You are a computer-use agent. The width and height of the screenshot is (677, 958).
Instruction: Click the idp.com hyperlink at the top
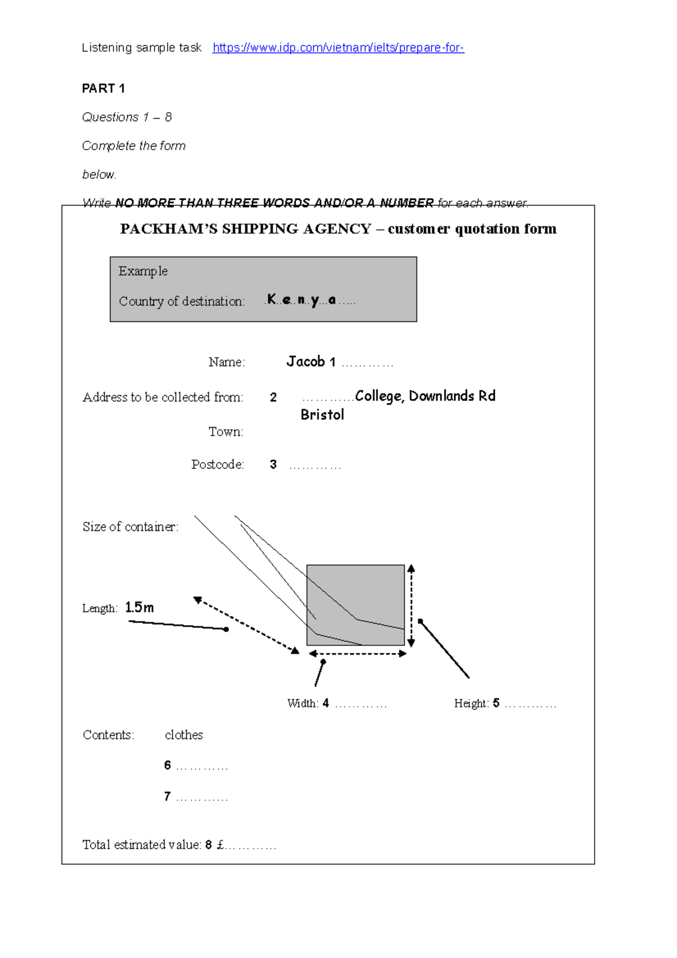(338, 48)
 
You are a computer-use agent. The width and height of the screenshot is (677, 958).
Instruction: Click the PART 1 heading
(103, 89)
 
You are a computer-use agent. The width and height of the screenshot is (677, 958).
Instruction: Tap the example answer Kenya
(302, 300)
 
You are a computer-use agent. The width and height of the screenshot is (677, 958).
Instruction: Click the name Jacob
(305, 362)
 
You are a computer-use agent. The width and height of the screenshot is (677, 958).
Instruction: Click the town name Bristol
(322, 415)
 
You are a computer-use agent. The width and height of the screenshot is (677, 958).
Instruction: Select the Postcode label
(217, 464)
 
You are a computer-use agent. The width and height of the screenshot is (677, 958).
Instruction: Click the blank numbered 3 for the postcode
(315, 466)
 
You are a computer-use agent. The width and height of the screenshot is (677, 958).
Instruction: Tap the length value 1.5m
(139, 608)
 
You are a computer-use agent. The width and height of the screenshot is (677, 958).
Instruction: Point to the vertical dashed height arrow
(411, 605)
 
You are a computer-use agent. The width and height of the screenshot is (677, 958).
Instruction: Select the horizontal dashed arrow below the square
(358, 654)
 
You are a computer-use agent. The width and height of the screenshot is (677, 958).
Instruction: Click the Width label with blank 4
(307, 704)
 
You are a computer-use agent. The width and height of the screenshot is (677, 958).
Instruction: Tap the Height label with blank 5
(476, 704)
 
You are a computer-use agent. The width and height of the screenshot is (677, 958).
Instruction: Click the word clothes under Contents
(183, 735)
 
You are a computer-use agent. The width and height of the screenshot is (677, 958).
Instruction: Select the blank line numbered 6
(201, 767)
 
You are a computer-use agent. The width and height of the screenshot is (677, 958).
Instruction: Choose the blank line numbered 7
(201, 798)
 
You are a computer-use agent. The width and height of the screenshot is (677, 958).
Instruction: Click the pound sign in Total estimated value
(221, 845)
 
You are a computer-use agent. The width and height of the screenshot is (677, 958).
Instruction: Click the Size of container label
(130, 527)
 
